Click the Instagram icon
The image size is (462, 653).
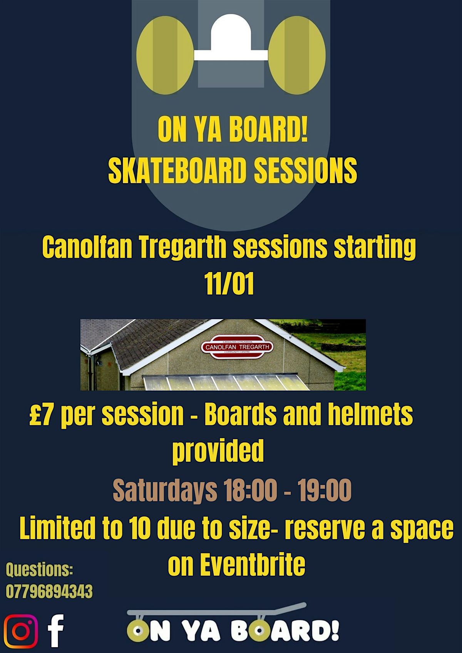pyautogui.click(x=21, y=631)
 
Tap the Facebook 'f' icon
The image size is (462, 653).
pyautogui.click(x=56, y=631)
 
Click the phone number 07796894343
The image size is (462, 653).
pyautogui.click(x=49, y=591)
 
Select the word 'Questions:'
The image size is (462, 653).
pyautogui.click(x=39, y=569)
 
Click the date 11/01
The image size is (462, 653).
pyautogui.click(x=230, y=284)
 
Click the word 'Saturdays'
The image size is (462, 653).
pyautogui.click(x=165, y=490)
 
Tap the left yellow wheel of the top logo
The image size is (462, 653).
pyautogui.click(x=165, y=55)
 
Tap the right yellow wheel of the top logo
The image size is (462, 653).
pyautogui.click(x=297, y=55)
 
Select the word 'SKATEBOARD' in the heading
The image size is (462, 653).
pyautogui.click(x=177, y=170)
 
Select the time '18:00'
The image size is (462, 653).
pyautogui.click(x=249, y=490)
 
